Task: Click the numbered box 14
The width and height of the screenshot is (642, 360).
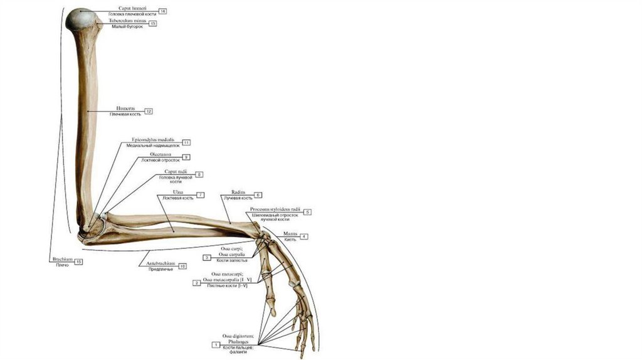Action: (x=162, y=11)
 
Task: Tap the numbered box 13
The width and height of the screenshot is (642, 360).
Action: (x=153, y=23)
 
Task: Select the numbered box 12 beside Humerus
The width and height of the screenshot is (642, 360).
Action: (x=149, y=111)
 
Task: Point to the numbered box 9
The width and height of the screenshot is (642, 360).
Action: (x=186, y=157)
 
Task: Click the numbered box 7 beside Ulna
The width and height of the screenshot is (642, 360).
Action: (x=201, y=195)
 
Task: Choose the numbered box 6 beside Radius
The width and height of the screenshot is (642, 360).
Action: (x=258, y=195)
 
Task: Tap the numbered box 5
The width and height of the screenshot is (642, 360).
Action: (x=308, y=212)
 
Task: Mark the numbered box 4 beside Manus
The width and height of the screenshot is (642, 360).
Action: (x=303, y=236)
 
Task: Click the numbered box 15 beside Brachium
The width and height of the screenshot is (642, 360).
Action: (x=79, y=262)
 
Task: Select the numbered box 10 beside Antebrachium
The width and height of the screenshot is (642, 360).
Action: (x=182, y=266)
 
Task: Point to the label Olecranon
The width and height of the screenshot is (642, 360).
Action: (x=161, y=154)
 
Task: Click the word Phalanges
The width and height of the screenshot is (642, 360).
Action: (x=233, y=342)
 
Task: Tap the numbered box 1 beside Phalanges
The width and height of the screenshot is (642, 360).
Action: (x=216, y=345)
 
